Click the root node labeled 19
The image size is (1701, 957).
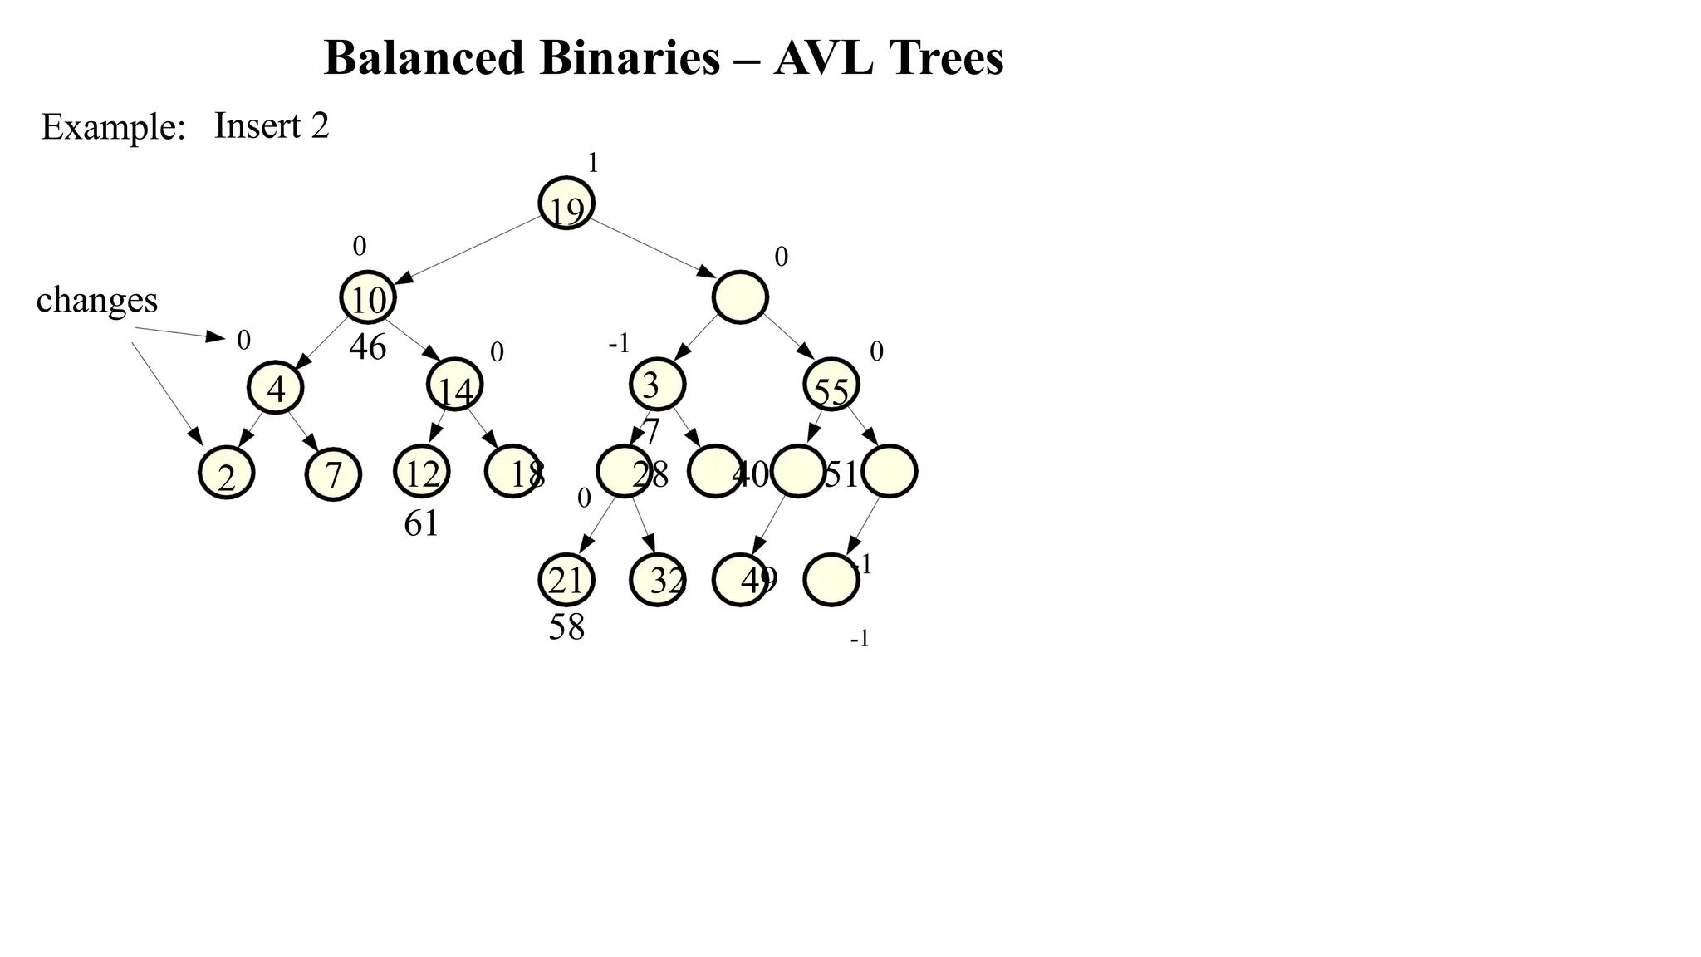pyautogui.click(x=566, y=204)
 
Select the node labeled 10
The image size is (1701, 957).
pyautogui.click(x=368, y=297)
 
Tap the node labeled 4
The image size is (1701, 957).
pyautogui.click(x=276, y=388)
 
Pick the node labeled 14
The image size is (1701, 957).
pyautogui.click(x=455, y=385)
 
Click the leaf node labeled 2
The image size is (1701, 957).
pyautogui.click(x=227, y=474)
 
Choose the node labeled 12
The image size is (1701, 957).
pyautogui.click(x=422, y=472)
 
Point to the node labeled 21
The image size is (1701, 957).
pyautogui.click(x=566, y=580)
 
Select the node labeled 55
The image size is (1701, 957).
pyautogui.click(x=831, y=385)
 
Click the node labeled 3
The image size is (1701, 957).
pyautogui.click(x=657, y=385)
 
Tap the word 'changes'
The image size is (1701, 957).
pyautogui.click(x=96, y=300)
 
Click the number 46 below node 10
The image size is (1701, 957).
pyautogui.click(x=367, y=347)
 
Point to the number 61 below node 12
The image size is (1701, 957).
pyautogui.click(x=421, y=523)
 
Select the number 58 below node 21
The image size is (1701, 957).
pyautogui.click(x=566, y=627)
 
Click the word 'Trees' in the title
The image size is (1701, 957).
pyautogui.click(x=946, y=58)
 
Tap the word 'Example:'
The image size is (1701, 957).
pyautogui.click(x=113, y=127)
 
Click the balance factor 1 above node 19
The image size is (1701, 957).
pyautogui.click(x=593, y=163)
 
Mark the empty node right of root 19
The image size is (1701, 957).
pyautogui.click(x=740, y=297)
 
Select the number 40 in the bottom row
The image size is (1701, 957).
pyautogui.click(x=752, y=475)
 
